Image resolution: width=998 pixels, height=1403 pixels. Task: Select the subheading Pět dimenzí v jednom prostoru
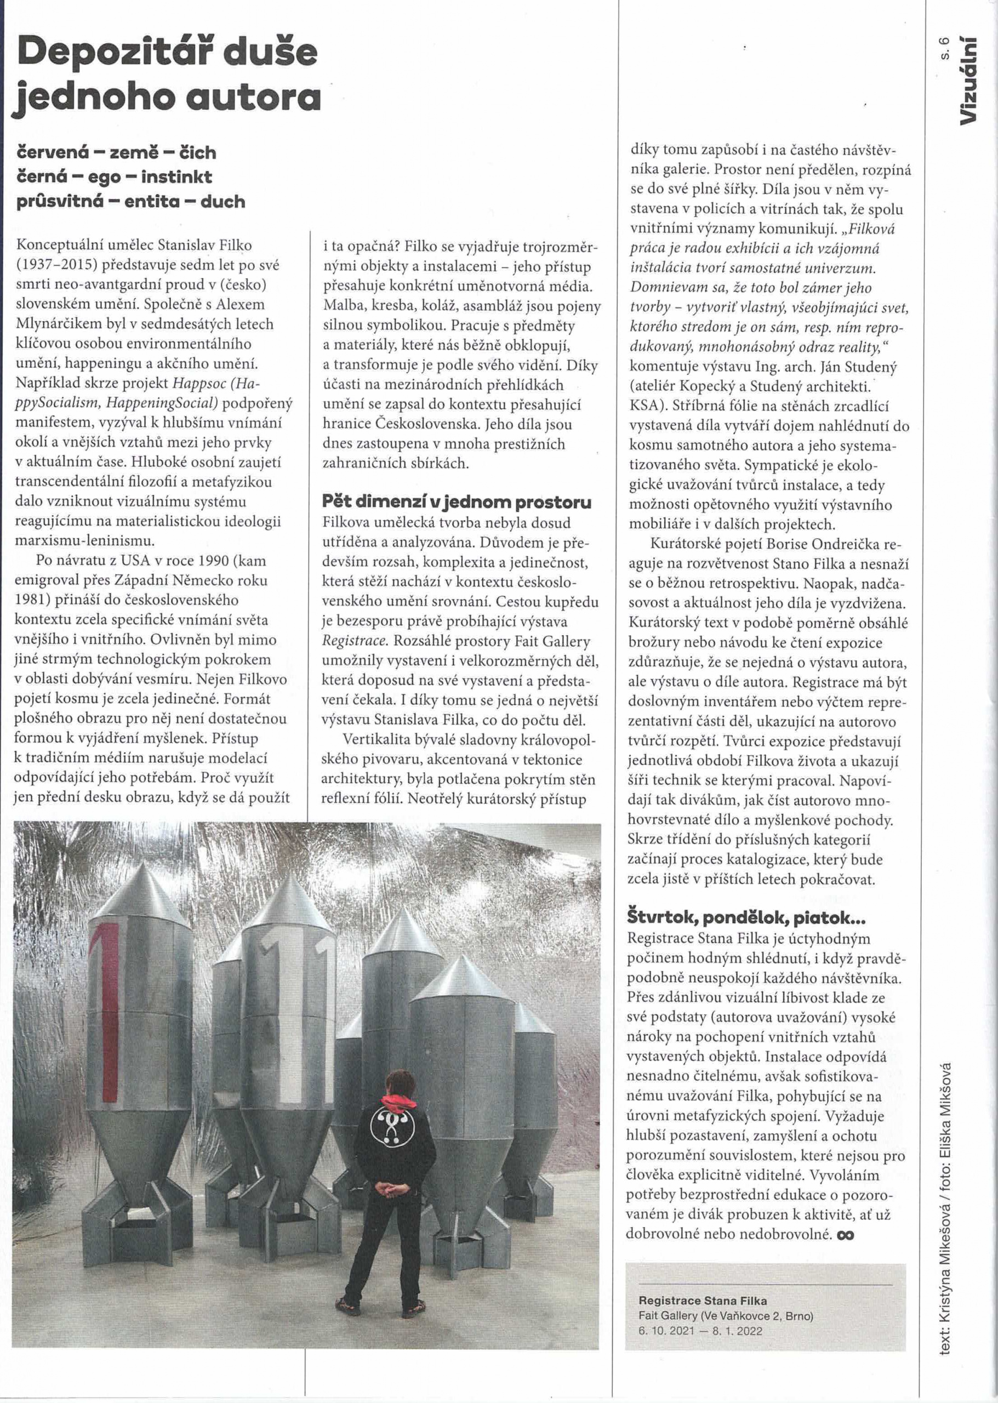(x=457, y=502)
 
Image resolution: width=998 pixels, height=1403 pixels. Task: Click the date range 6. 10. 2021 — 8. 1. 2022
(x=700, y=1331)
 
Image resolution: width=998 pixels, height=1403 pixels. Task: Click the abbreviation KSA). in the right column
(x=648, y=406)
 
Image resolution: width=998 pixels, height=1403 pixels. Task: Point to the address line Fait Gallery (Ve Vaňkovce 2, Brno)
(x=725, y=1316)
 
